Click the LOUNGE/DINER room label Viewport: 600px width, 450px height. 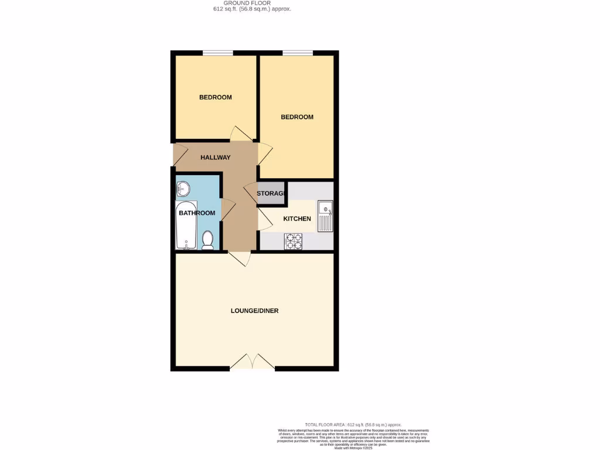tap(254, 311)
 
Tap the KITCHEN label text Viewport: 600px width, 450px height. tap(297, 219)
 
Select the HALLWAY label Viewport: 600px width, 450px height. tap(216, 158)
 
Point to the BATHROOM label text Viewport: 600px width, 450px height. tap(197, 213)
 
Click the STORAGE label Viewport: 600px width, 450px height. tap(271, 193)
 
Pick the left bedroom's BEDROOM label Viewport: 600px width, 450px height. tap(216, 97)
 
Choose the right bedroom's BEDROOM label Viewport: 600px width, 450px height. tap(297, 117)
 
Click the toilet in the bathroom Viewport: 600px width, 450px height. tap(207, 240)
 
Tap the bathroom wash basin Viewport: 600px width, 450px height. tap(183, 189)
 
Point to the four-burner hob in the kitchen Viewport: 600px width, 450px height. tap(293, 241)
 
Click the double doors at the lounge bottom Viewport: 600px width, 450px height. tap(252, 363)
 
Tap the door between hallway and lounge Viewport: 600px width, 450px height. tap(240, 258)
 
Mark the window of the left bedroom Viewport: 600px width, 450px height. tap(218, 53)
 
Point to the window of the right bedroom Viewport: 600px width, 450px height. tap(297, 53)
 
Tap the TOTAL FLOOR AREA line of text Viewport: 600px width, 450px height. tap(353, 424)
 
